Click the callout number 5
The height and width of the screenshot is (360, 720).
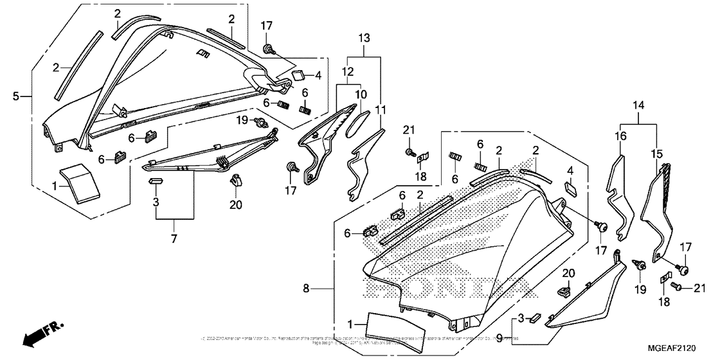[x=16, y=96]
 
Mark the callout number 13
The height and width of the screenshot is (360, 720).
[x=364, y=39]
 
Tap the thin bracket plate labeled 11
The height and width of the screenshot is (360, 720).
[x=363, y=161]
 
